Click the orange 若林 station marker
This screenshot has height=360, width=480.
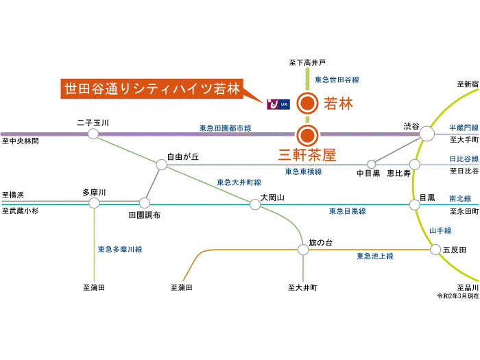click(308, 104)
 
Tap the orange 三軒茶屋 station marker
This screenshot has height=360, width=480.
click(308, 134)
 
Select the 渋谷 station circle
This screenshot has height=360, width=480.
click(427, 134)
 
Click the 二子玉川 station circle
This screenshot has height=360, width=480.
click(93, 134)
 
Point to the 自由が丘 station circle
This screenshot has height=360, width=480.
click(161, 165)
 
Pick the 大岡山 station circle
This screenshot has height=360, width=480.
click(255, 204)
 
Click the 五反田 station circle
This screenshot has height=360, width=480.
click(435, 250)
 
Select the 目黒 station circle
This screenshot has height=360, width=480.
click(414, 204)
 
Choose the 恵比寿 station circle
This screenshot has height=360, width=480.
click(414, 165)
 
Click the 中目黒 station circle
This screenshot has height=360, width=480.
click(372, 165)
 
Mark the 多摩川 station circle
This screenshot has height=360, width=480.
click(94, 203)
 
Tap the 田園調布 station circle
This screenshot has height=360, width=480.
click(145, 203)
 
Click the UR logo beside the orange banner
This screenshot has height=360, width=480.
click(276, 104)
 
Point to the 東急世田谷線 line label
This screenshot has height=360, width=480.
click(337, 80)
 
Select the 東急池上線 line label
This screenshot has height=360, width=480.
click(374, 256)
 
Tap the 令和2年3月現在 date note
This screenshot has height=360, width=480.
click(458, 296)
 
